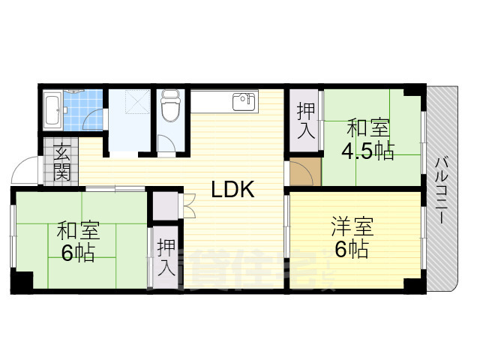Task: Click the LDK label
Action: [x=232, y=190]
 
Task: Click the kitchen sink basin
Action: [x=244, y=101]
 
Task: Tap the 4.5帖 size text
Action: [x=367, y=151]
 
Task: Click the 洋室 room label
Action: [x=352, y=226]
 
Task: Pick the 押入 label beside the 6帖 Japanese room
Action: [x=166, y=258]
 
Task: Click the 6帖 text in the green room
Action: [x=77, y=253]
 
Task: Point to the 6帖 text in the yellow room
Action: [x=351, y=249]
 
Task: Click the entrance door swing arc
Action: [x=24, y=169]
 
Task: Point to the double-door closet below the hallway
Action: [x=164, y=205]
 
